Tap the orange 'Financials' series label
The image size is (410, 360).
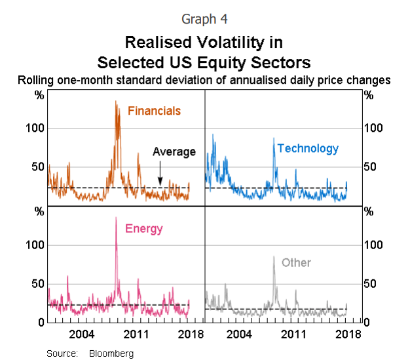point(154,111)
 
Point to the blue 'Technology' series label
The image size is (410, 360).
point(308,149)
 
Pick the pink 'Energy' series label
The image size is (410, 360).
point(143,229)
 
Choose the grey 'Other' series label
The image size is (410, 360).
point(296,263)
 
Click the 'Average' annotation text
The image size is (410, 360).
point(174,152)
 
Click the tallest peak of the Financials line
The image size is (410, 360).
point(116,101)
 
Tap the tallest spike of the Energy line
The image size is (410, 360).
point(116,217)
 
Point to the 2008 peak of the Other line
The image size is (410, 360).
point(273,256)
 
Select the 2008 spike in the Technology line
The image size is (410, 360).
point(273,138)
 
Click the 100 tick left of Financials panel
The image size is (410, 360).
point(35,127)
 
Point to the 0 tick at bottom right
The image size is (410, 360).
point(369,323)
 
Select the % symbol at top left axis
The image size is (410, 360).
point(39,95)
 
